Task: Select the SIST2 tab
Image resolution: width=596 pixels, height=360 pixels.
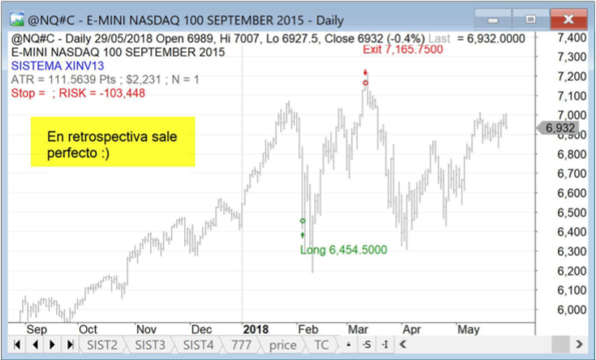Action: point(103,345)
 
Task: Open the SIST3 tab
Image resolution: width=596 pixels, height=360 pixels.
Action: point(150,345)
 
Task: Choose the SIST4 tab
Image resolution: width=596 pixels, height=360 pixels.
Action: point(198,345)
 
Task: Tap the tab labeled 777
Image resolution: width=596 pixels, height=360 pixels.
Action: point(240,345)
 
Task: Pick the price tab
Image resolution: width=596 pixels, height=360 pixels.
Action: point(282,345)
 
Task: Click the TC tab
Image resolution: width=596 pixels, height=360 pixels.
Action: point(322,345)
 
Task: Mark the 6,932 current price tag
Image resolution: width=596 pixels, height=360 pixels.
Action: point(560,128)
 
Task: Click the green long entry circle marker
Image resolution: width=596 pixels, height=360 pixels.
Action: point(302,221)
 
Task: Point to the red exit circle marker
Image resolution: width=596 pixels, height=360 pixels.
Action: point(366,82)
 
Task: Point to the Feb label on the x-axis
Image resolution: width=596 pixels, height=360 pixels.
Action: point(308,329)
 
